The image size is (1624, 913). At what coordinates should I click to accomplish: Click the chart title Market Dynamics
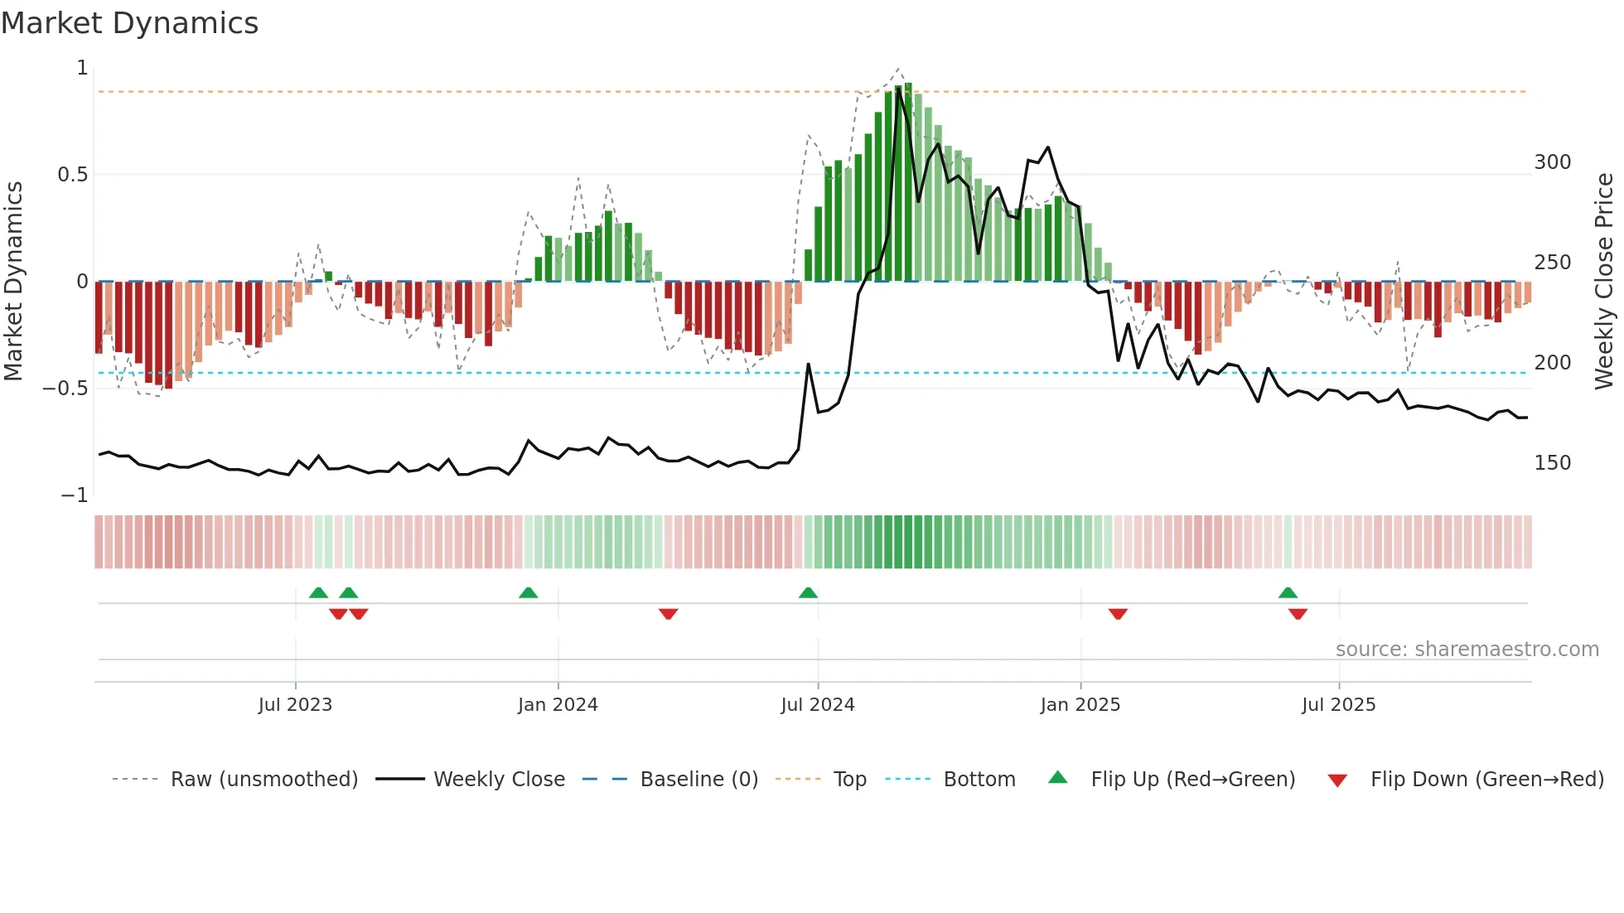coord(129,23)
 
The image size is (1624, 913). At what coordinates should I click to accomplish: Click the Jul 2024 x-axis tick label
coord(817,705)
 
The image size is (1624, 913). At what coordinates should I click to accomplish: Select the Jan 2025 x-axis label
coord(1080,705)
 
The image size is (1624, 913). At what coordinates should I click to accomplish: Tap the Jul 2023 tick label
coord(295,705)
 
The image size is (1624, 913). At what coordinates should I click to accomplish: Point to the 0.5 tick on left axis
coord(72,175)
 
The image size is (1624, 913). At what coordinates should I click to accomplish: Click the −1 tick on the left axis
coord(74,495)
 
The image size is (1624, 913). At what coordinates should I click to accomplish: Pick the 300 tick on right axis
coord(1552,162)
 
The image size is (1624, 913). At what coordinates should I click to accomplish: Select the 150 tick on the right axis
coord(1552,463)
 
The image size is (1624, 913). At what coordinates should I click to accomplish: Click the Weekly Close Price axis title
coord(1604,282)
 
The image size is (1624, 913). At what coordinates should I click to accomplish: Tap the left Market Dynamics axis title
coord(13,282)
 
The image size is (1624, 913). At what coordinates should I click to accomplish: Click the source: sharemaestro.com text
coord(1467,650)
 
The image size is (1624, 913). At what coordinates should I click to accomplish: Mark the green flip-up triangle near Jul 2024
coord(808,592)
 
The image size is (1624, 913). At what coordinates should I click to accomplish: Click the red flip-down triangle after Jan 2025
coord(1118,614)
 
